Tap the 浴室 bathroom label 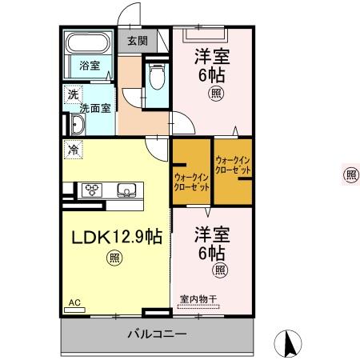click(90, 66)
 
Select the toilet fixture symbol click(156, 77)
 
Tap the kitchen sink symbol click(126, 190)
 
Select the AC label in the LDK click(74, 302)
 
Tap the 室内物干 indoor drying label click(198, 299)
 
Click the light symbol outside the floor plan click(350, 174)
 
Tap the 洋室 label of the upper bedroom click(210, 58)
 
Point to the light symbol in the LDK click(114, 258)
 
